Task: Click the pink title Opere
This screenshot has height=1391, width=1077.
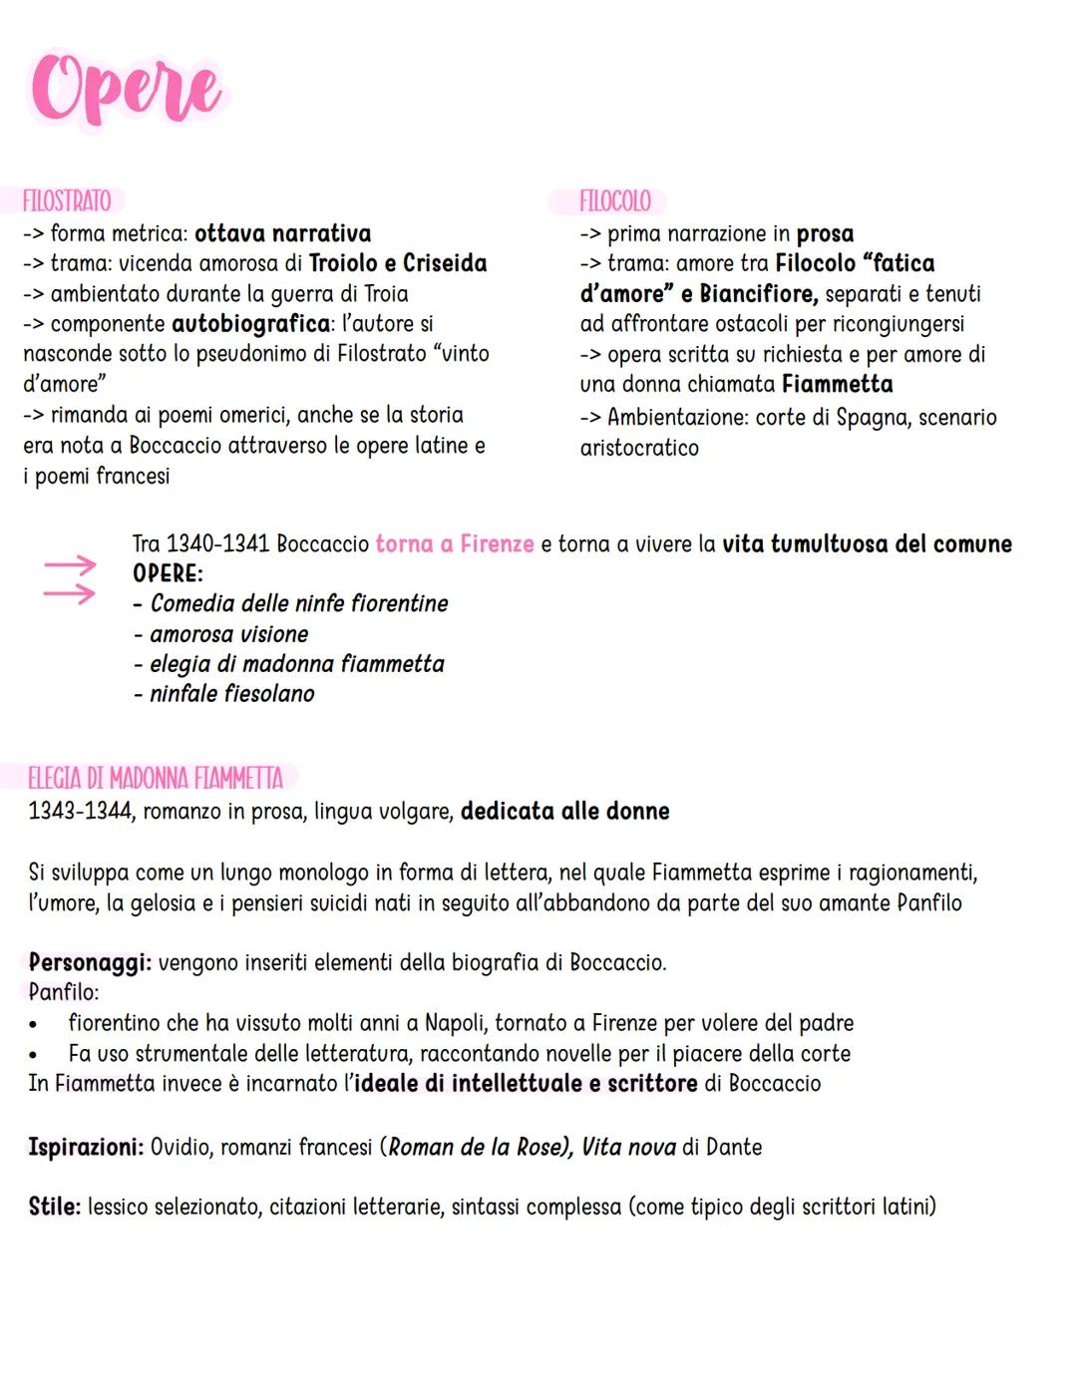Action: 126,90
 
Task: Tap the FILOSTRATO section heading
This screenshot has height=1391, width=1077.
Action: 67,200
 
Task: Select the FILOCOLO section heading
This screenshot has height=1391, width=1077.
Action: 614,200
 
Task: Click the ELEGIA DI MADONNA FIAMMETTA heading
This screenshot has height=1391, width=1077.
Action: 156,778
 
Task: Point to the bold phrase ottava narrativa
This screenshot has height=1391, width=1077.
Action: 282,233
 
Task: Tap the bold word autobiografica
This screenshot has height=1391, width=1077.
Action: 250,324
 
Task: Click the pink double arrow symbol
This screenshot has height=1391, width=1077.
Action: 69,579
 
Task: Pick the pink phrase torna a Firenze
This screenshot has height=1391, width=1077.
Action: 455,544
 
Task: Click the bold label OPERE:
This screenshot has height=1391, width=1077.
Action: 168,573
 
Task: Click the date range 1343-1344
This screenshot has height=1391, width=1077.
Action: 80,812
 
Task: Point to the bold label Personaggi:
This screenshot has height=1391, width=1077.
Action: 90,963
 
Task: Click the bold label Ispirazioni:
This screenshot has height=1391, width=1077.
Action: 86,1148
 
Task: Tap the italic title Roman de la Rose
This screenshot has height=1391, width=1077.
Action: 477,1148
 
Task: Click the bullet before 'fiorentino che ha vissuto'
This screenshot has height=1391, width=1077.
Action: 35,1024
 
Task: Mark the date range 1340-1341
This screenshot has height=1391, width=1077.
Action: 216,544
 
